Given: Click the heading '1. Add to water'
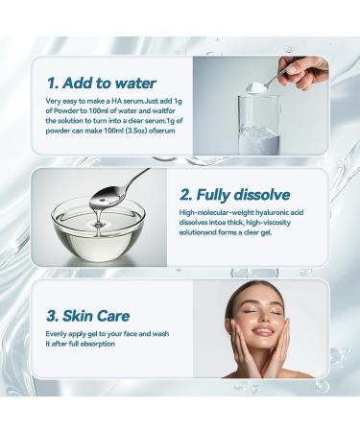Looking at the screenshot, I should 100,84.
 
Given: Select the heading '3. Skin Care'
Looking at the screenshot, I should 83,316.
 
